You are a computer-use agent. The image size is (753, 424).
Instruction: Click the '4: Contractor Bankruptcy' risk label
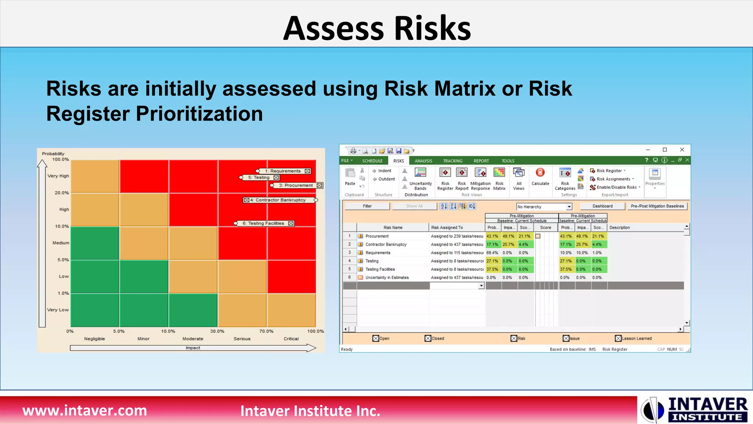click(278, 200)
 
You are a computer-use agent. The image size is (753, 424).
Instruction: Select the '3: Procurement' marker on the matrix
click(296, 185)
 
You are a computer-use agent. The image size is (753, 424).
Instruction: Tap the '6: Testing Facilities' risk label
click(263, 223)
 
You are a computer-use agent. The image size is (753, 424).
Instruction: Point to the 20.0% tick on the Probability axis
click(62, 193)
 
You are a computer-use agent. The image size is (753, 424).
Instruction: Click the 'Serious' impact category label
click(242, 339)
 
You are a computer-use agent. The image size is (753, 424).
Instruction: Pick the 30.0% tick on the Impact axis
click(217, 331)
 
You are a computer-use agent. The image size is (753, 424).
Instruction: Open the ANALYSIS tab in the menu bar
click(423, 161)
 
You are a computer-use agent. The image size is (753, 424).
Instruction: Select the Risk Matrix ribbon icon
click(499, 179)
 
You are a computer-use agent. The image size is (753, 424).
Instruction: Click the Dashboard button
click(602, 206)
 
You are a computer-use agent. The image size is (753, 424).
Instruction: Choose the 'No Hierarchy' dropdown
click(544, 207)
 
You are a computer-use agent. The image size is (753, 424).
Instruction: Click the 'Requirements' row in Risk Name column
click(378, 253)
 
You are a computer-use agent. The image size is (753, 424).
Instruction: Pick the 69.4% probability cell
click(492, 253)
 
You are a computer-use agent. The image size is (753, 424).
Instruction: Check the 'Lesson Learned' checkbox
click(618, 338)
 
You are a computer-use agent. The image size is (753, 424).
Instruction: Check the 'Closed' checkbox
click(428, 338)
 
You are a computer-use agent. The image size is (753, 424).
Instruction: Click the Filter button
click(367, 206)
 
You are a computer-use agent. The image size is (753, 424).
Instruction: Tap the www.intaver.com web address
click(85, 410)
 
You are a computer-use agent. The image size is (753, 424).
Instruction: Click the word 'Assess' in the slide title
click(333, 29)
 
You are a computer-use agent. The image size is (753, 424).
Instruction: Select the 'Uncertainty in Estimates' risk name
click(387, 278)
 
